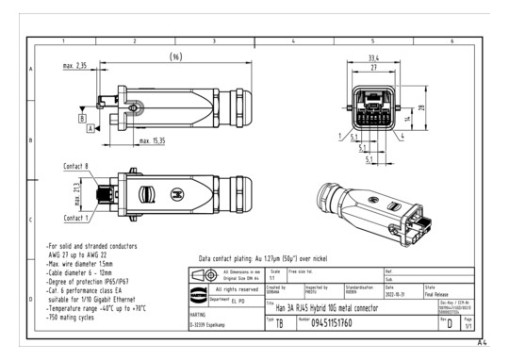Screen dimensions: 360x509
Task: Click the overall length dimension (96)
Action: coord(174,57)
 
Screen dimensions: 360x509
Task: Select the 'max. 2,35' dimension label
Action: coord(75,66)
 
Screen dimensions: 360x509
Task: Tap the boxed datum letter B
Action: coord(83,120)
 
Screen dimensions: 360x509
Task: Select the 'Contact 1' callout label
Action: coord(76,218)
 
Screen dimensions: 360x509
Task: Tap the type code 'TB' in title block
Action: coord(280,322)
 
